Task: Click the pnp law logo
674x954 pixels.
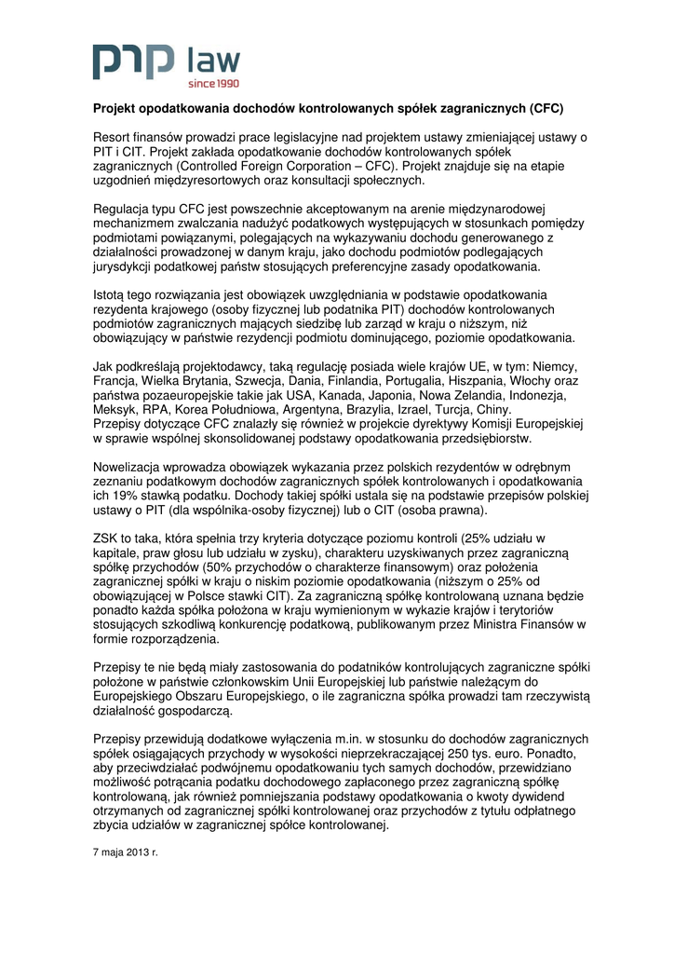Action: click(166, 64)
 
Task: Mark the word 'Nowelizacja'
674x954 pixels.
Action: click(131, 468)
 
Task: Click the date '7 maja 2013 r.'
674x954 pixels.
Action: click(127, 852)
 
